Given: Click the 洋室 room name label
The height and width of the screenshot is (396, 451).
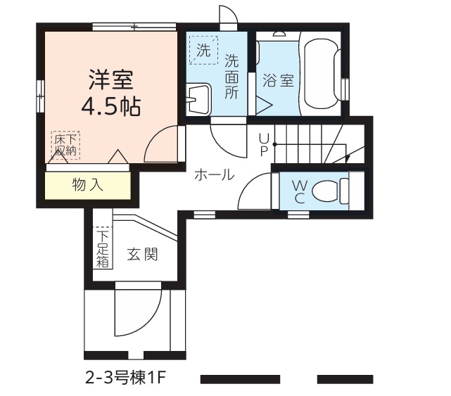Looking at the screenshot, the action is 111,79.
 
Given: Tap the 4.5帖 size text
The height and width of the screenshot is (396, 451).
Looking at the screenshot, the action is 110,107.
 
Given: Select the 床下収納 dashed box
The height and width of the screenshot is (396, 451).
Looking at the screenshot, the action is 65,145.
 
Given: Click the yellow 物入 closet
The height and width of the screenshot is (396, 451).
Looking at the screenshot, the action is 88,185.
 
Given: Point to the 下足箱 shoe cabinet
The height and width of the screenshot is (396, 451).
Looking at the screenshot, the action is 103,248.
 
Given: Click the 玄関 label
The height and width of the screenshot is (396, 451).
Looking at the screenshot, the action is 143,255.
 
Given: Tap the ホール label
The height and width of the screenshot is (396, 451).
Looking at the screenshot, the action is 215,174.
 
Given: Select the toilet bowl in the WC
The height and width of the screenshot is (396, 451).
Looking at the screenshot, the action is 331,191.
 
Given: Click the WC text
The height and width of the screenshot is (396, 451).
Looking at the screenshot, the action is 299,191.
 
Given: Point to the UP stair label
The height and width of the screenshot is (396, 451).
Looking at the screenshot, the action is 264,144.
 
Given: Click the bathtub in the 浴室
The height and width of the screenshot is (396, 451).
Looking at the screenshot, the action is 322,74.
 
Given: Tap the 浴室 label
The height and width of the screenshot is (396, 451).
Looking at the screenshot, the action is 278,80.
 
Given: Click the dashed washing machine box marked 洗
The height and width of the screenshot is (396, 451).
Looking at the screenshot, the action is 203,50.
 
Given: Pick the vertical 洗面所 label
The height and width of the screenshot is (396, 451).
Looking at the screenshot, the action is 231,76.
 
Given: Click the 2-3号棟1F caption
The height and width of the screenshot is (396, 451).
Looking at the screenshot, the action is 126,378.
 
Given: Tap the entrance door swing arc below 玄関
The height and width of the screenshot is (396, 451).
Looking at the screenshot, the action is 150,322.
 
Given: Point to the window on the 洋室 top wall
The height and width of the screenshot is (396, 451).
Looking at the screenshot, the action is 134,27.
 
